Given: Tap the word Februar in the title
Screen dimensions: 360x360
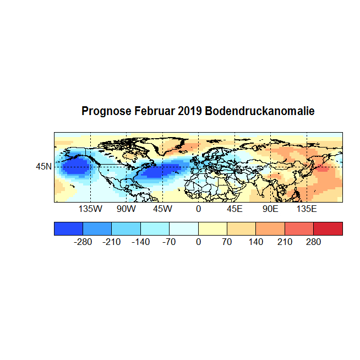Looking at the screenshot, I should (155, 111).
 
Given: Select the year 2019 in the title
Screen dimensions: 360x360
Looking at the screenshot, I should (190, 111).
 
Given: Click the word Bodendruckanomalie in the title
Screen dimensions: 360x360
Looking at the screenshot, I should (259, 111).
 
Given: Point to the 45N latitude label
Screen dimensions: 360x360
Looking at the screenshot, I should (44, 166).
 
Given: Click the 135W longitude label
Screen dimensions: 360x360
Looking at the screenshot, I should (90, 210).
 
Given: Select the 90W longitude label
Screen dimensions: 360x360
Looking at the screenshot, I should (126, 210).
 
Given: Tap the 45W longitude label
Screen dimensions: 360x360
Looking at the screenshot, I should (162, 210).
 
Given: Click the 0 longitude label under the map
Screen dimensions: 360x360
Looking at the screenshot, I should (198, 210).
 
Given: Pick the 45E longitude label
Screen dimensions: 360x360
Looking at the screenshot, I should (234, 210).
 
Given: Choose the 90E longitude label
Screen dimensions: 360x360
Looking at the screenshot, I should (270, 210).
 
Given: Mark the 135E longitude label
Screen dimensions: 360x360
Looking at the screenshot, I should (307, 210).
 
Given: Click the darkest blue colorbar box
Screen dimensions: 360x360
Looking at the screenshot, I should (68, 228).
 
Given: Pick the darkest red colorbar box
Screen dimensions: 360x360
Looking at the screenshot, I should (328, 228).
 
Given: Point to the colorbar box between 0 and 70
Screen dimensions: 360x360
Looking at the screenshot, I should (212, 228).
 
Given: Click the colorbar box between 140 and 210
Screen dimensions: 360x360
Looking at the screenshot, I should (270, 228).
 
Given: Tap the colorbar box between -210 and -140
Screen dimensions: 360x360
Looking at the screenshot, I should (126, 228).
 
